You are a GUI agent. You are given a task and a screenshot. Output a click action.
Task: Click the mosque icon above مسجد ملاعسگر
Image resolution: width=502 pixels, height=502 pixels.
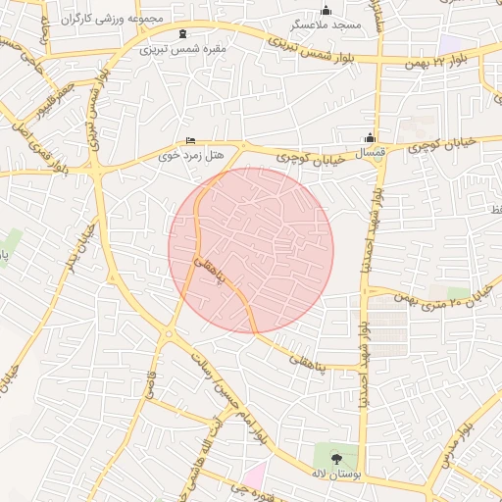[x=326, y=10]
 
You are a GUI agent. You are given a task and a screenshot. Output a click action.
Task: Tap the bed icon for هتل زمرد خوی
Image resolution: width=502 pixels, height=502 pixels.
[x=190, y=141]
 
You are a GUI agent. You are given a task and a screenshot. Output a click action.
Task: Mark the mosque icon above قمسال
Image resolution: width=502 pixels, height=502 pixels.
[x=370, y=138]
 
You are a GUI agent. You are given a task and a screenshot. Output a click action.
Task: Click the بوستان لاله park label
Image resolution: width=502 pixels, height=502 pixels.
[x=336, y=474]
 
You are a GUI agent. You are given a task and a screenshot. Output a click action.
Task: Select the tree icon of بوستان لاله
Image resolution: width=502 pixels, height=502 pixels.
[x=336, y=458]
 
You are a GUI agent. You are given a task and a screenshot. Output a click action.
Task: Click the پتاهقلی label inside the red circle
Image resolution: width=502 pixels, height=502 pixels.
[x=210, y=272]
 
